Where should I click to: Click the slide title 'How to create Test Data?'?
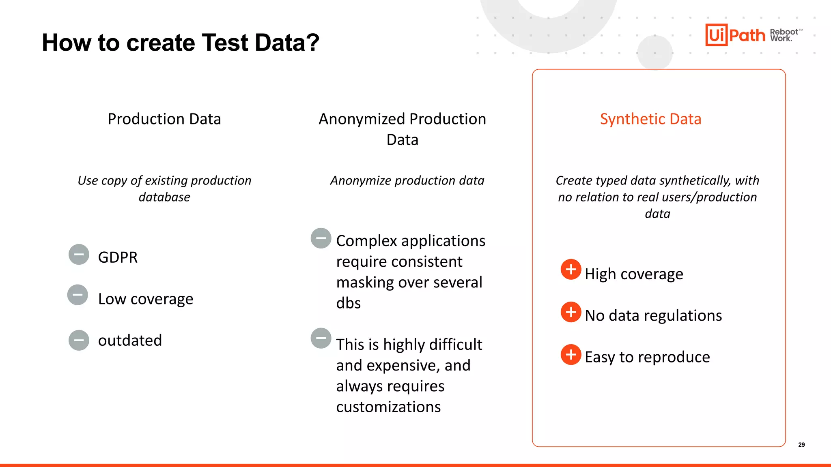click(181, 43)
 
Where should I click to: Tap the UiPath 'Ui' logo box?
click(716, 35)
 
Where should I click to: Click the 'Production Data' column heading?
click(164, 119)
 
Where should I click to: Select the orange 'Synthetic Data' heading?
click(650, 119)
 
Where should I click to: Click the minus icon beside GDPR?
click(79, 255)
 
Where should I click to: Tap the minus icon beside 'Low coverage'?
click(78, 295)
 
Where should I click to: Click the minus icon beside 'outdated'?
click(79, 340)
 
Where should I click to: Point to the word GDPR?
click(118, 257)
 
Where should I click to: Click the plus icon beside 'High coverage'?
click(571, 269)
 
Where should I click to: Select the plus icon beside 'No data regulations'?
click(571, 312)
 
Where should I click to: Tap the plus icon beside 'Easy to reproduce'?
click(571, 354)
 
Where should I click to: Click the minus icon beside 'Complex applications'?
click(321, 238)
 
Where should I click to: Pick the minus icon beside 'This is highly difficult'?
click(321, 338)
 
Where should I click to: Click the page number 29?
click(801, 445)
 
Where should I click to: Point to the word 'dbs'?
click(348, 303)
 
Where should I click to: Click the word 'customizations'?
click(388, 407)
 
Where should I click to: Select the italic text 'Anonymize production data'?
click(407, 180)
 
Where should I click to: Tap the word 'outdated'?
click(130, 341)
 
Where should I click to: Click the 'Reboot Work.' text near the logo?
click(784, 35)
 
